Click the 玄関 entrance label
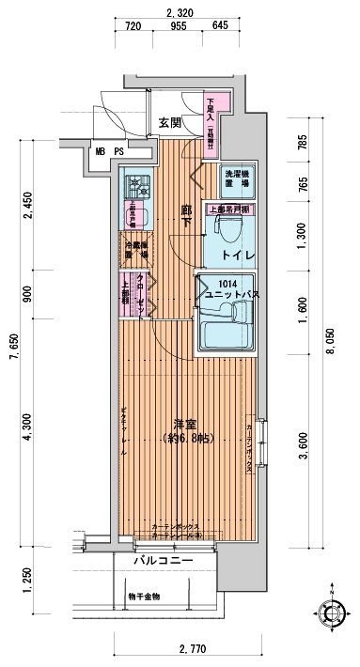click(x=169, y=122)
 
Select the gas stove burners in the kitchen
click(x=133, y=185)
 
